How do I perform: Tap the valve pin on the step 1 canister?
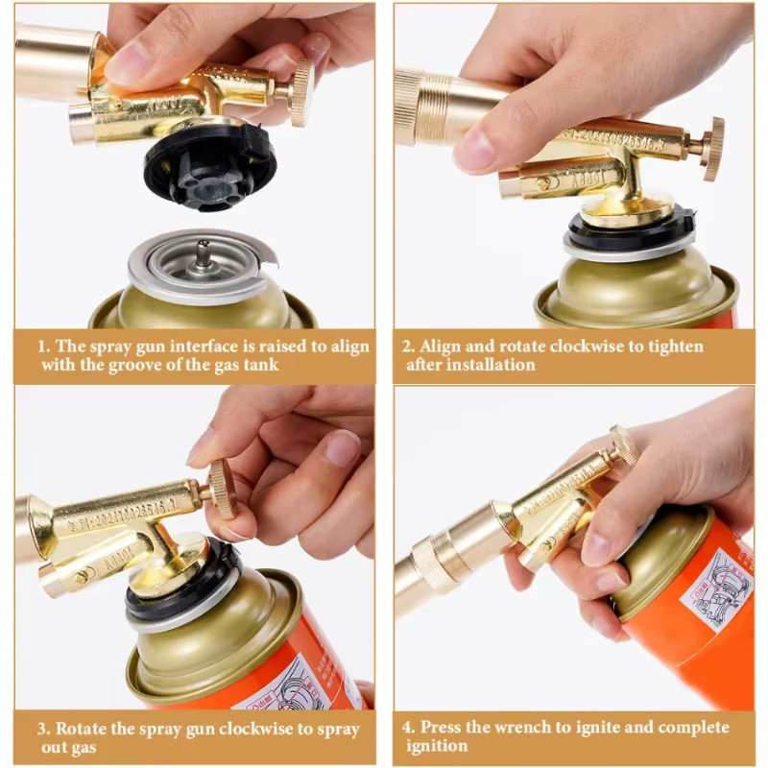pos(204,255)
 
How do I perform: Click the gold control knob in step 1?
pos(301,92)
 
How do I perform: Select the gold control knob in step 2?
pos(712,149)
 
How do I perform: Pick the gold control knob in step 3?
pos(222,489)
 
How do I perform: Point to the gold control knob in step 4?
pos(624,444)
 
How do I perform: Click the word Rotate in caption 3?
pos(85,729)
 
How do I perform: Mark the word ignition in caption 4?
pos(437,746)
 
